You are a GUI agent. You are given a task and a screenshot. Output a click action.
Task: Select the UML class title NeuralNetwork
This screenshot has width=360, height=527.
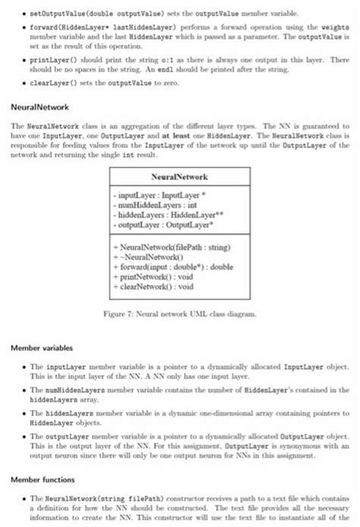click(180, 176)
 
